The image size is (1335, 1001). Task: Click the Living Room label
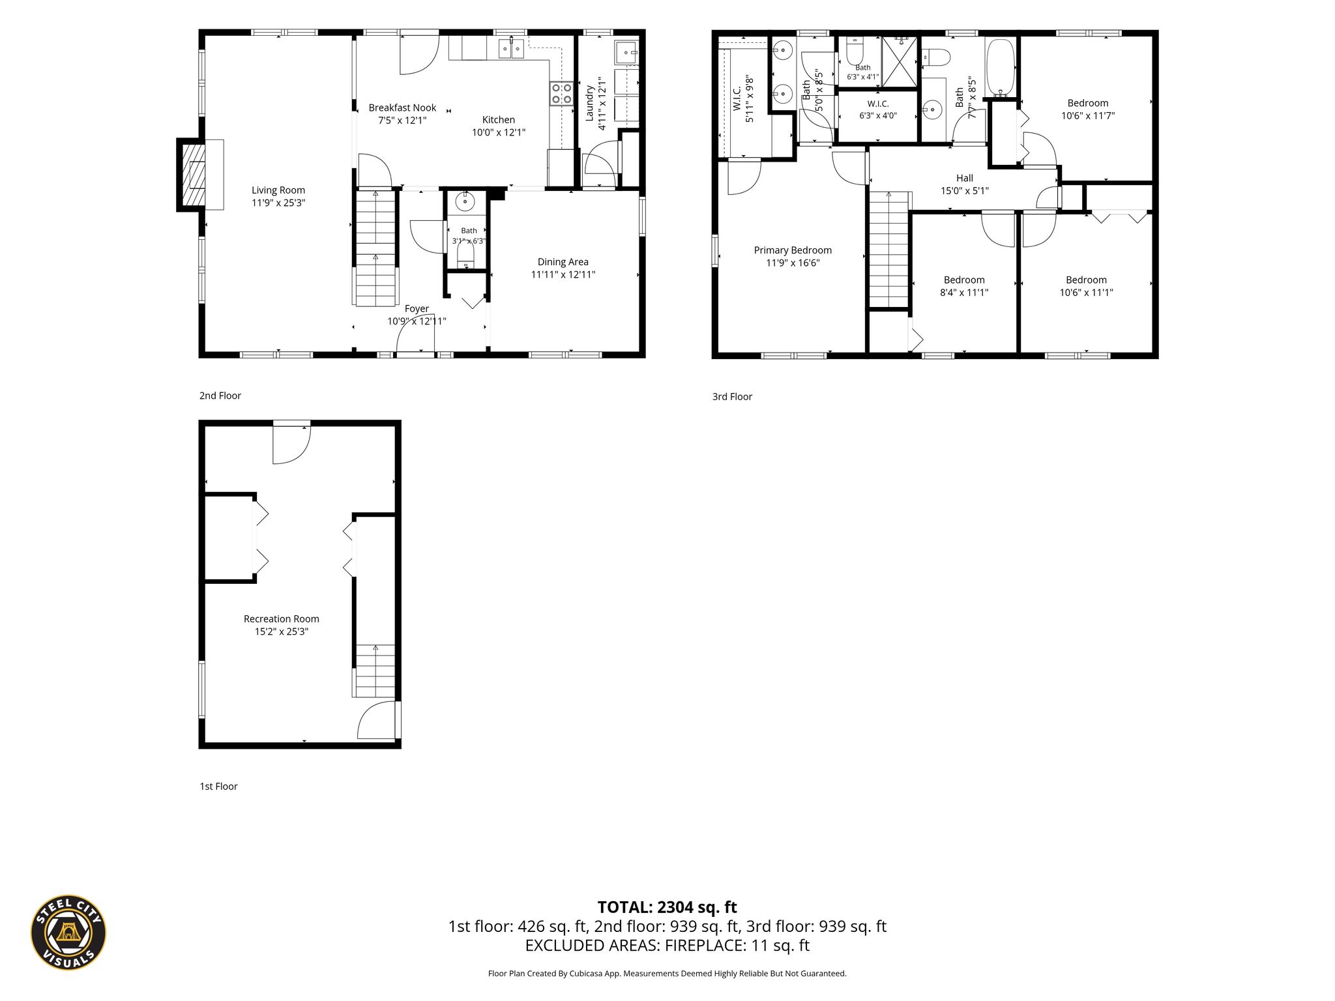[x=278, y=190]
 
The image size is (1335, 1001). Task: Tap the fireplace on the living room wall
[x=193, y=175]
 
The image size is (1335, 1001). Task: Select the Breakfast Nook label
[x=402, y=108]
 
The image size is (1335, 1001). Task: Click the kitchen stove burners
[x=561, y=93]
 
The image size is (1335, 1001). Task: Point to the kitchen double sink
[x=511, y=49]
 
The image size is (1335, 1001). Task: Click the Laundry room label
[x=590, y=102]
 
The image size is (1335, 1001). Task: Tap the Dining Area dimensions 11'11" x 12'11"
[x=563, y=274]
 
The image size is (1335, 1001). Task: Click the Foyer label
[x=417, y=309]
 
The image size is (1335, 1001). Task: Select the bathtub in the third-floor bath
[x=1001, y=68]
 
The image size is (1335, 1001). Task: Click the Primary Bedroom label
[x=793, y=250]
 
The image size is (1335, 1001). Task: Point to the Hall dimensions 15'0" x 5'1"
[x=965, y=191]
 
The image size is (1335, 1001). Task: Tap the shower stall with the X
[x=900, y=61]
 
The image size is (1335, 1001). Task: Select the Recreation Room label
[x=282, y=619]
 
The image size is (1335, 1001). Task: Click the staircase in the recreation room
[x=375, y=671]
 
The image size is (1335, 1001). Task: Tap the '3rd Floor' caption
[x=732, y=396]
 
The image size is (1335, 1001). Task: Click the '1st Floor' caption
[x=218, y=787]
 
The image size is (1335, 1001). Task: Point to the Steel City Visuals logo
[x=68, y=932]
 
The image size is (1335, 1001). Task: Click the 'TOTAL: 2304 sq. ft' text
[x=667, y=907]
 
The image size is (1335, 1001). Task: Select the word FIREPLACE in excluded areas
[x=703, y=946]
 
